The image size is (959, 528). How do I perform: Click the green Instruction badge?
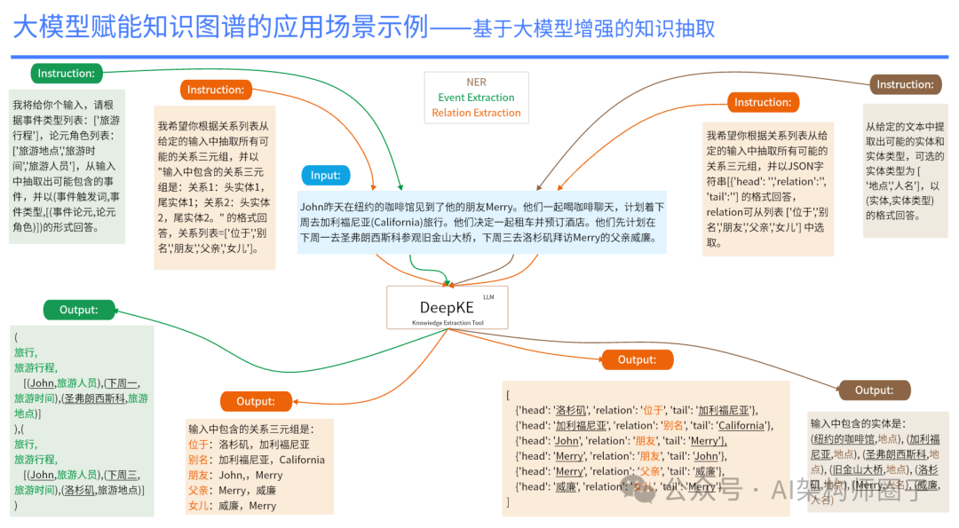(x=67, y=73)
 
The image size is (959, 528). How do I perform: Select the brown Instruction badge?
(x=905, y=84)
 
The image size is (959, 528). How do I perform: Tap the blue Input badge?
(x=325, y=175)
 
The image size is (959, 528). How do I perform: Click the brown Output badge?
(x=874, y=390)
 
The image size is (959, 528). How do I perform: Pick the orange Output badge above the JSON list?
(x=637, y=359)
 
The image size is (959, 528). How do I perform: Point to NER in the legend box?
(x=476, y=82)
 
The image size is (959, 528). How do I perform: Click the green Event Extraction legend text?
(x=476, y=98)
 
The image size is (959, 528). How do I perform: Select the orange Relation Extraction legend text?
(x=476, y=113)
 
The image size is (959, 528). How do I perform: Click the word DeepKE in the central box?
(x=443, y=306)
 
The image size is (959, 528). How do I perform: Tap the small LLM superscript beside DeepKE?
(x=487, y=296)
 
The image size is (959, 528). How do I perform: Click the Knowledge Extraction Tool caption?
(x=447, y=323)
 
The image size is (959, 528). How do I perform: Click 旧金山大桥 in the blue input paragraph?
(x=432, y=238)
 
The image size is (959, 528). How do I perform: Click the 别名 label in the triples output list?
(x=199, y=460)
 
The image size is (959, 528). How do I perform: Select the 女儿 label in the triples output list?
(x=199, y=506)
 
